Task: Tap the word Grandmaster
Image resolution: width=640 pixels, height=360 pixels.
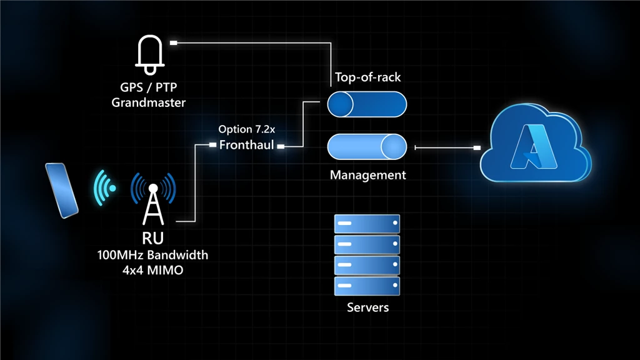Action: tap(148, 102)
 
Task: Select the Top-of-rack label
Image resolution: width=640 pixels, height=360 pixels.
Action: tap(367, 77)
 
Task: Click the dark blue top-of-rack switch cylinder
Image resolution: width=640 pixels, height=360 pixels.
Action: tap(367, 104)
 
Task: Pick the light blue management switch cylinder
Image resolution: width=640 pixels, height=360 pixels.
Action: tap(367, 147)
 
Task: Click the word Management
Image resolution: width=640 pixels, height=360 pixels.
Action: tap(367, 175)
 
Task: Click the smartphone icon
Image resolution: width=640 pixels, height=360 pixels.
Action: tap(61, 190)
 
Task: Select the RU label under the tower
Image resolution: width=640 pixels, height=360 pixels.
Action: tap(152, 239)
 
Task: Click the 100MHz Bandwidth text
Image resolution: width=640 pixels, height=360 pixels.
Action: tap(152, 255)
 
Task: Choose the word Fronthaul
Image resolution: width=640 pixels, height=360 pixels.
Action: tap(247, 145)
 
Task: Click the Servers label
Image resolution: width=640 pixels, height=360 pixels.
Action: tap(367, 307)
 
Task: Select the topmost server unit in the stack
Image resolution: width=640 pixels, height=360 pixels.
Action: tap(367, 222)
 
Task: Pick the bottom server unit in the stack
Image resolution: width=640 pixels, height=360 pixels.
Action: tap(367, 286)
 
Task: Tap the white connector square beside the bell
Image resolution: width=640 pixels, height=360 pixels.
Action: tap(174, 43)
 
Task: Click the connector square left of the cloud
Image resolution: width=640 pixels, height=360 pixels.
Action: tap(477, 148)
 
